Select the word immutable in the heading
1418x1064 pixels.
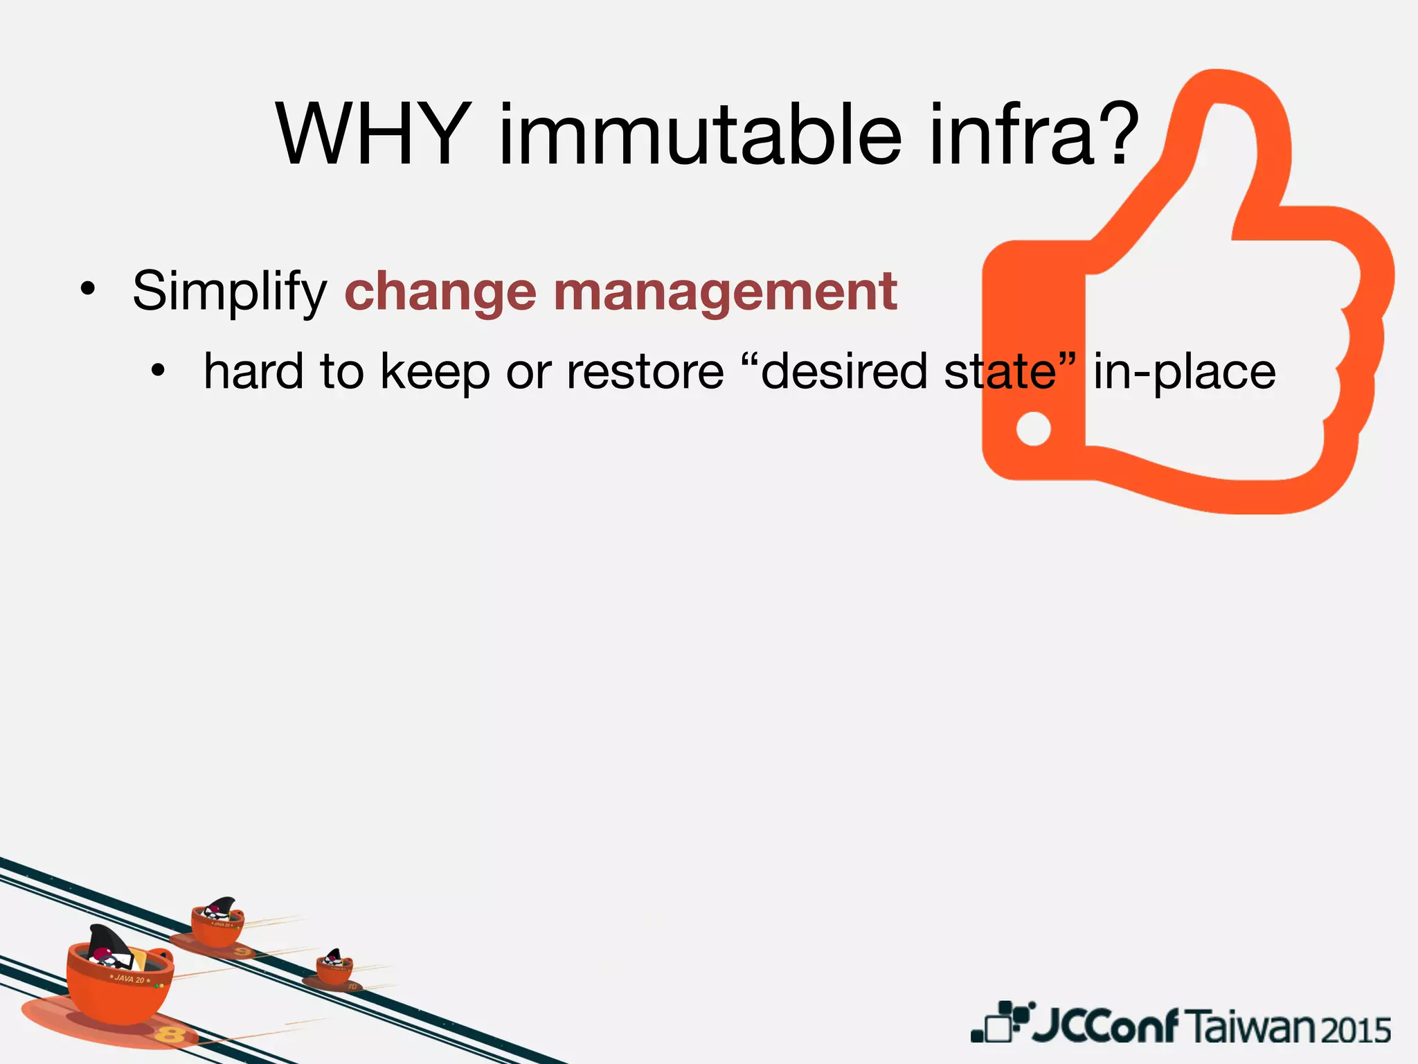(x=699, y=135)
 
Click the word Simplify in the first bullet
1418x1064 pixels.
(x=229, y=291)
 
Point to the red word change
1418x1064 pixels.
(x=440, y=292)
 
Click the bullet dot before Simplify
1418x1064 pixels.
(x=87, y=290)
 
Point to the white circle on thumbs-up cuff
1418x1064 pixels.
(x=1033, y=429)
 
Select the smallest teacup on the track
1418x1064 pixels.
(x=334, y=966)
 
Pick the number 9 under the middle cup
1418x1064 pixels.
(x=242, y=952)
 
